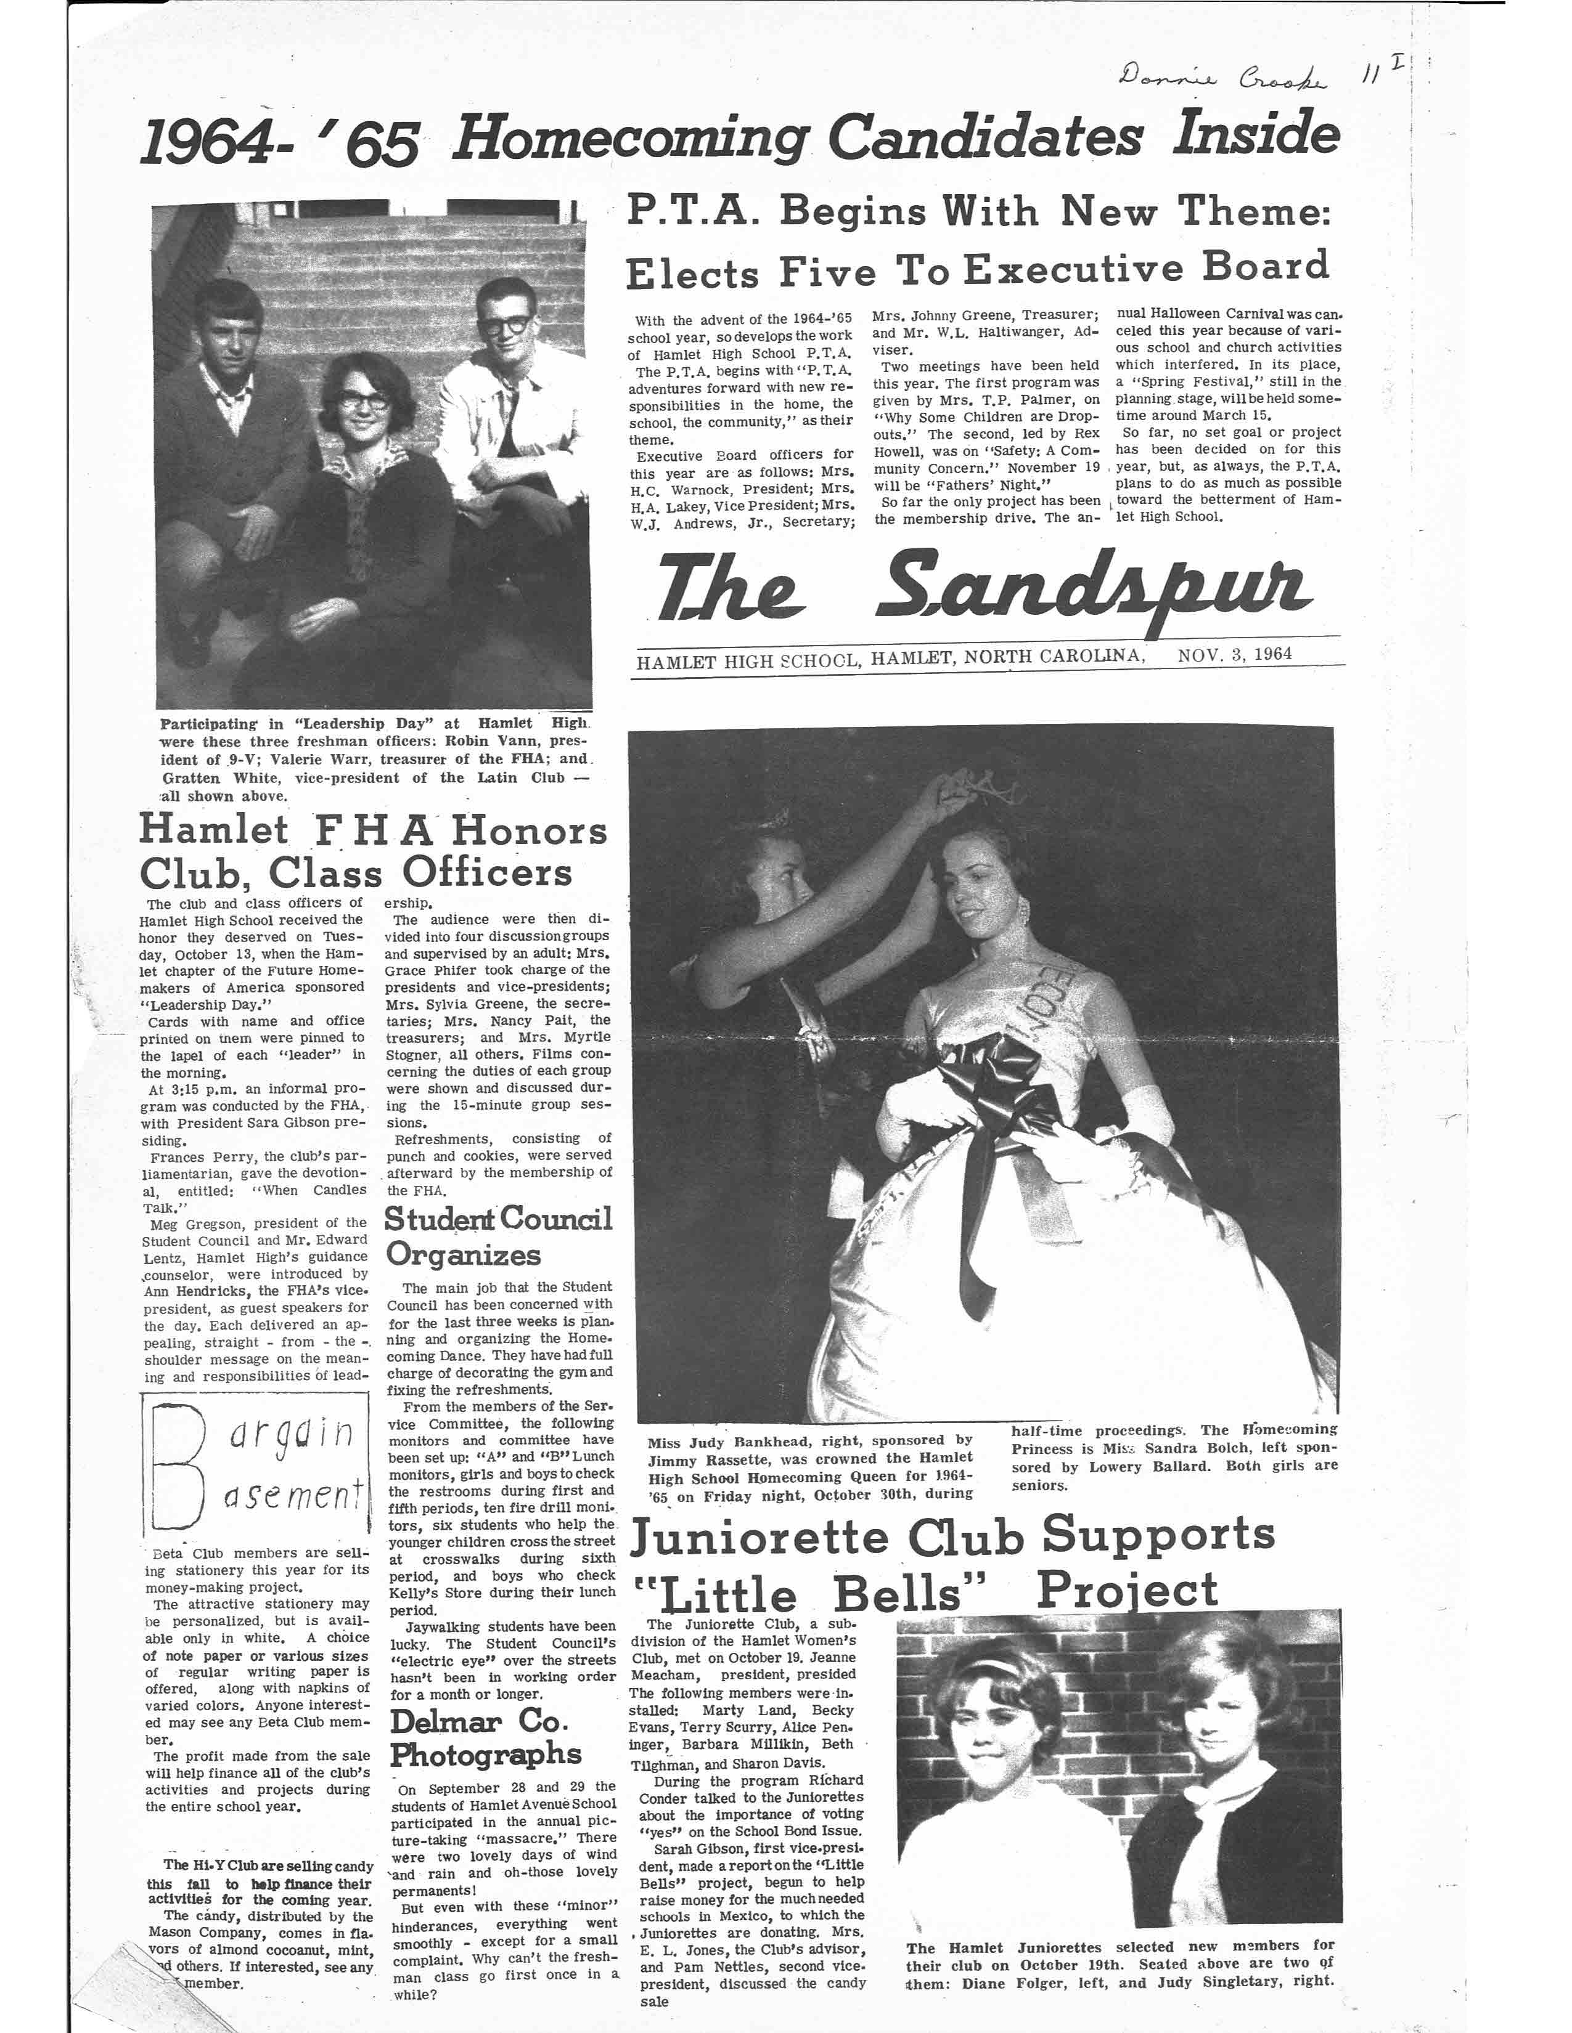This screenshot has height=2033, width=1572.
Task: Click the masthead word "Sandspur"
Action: tap(1094, 587)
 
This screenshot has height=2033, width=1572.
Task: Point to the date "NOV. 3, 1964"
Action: tap(1234, 654)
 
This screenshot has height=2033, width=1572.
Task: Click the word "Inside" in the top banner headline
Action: tap(1255, 132)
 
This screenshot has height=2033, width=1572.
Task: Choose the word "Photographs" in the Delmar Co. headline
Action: tap(485, 1756)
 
